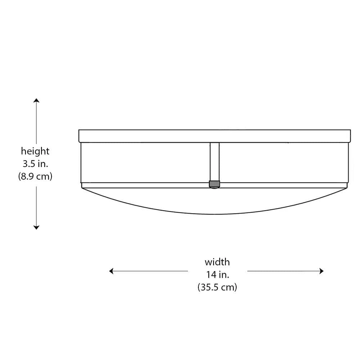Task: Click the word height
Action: (35, 151)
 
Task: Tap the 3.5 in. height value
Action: (35, 164)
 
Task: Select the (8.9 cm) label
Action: (35, 176)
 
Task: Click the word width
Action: (217, 262)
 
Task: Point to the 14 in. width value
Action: (217, 275)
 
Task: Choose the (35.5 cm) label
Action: (217, 287)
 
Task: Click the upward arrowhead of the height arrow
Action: (36, 100)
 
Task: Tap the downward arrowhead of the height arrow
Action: (36, 228)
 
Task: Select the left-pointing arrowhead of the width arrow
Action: (111, 271)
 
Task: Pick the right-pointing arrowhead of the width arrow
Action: (321, 271)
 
